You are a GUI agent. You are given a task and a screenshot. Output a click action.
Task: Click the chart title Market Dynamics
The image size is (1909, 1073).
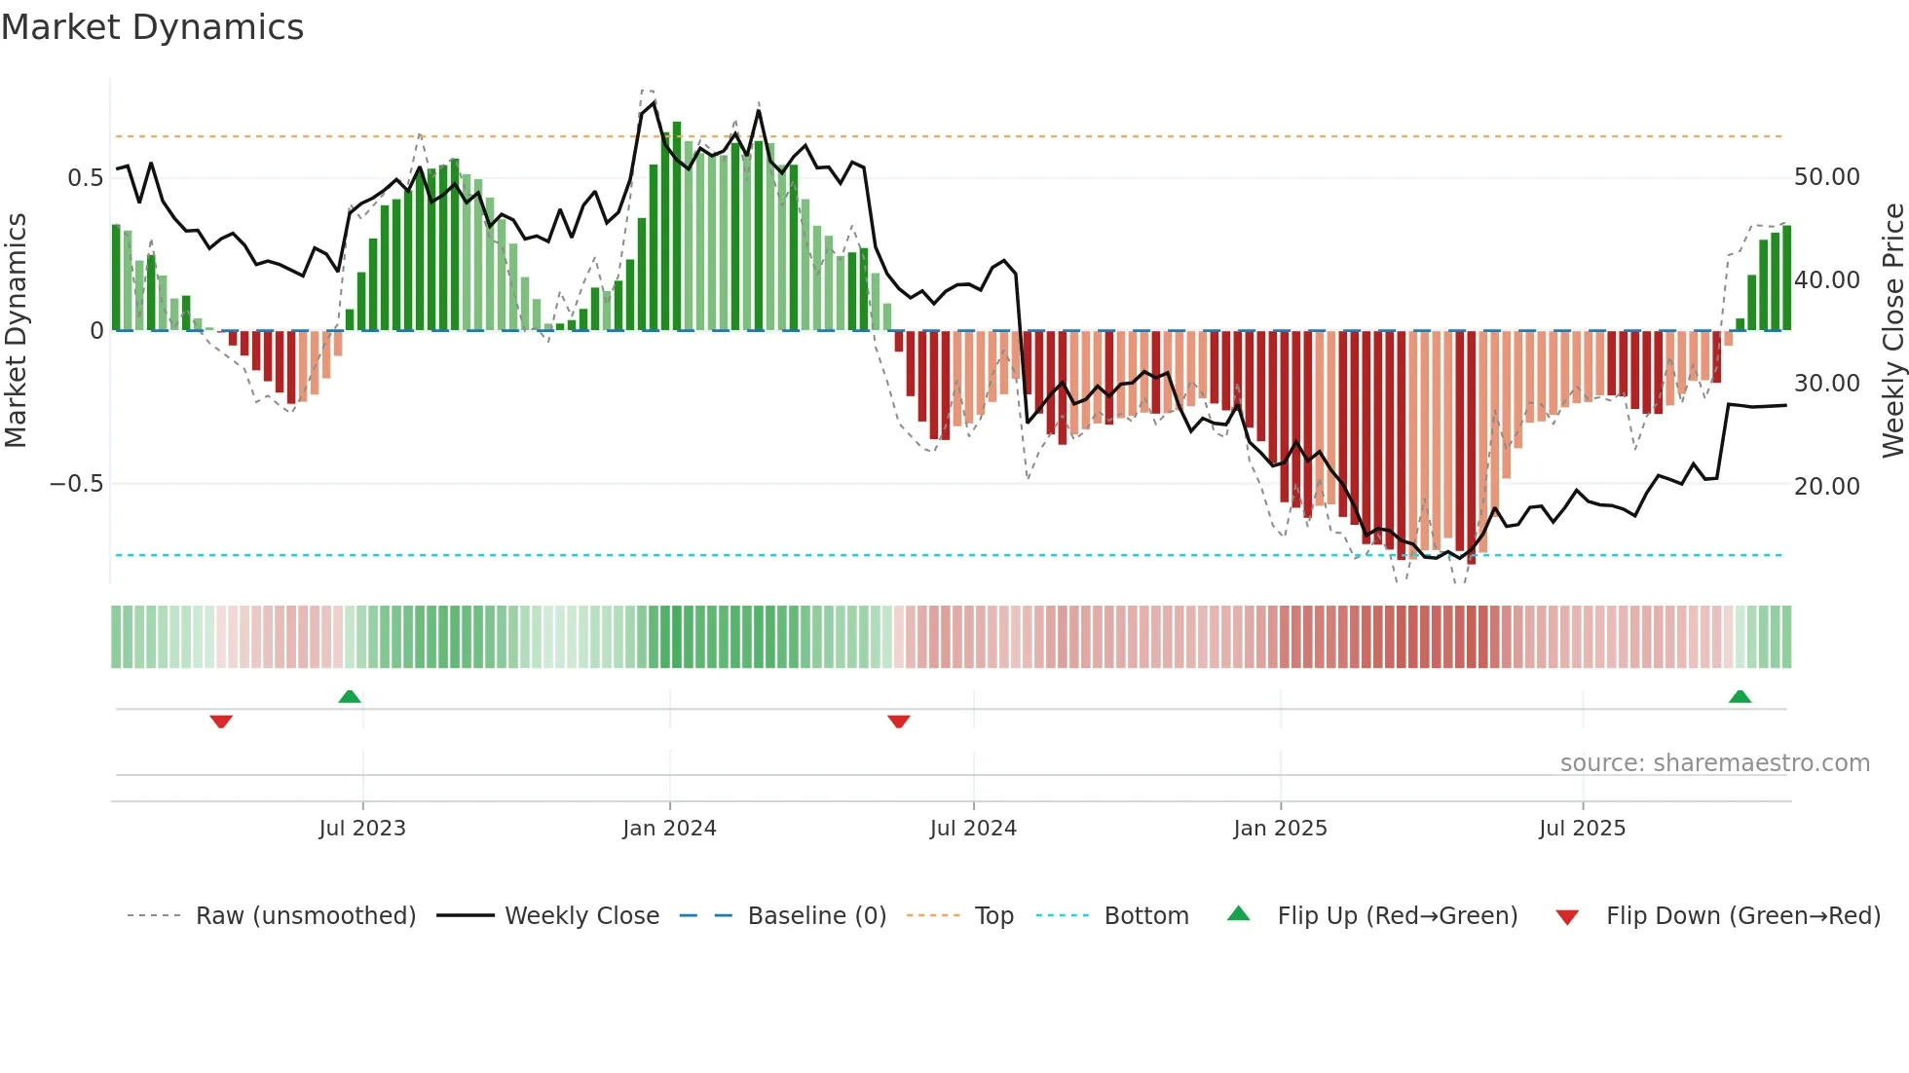152,27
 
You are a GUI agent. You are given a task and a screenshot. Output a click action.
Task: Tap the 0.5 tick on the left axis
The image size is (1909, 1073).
85,178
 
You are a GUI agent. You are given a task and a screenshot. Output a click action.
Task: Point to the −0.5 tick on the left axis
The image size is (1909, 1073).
76,484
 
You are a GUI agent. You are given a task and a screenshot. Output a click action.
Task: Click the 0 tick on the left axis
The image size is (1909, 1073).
96,331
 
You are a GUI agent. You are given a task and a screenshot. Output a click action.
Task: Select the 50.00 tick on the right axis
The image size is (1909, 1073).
1826,177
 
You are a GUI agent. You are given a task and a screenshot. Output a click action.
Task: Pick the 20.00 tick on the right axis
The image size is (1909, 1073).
1826,486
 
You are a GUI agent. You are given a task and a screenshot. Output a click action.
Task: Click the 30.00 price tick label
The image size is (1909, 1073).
1826,384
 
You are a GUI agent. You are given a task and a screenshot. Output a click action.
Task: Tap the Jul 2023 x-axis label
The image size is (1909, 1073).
362,829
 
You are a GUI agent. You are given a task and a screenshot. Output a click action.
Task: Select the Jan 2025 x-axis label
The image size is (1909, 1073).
1280,829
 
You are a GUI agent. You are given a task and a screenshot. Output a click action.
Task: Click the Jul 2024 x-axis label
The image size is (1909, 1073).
973,829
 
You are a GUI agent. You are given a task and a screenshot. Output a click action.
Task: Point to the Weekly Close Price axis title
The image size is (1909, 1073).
1892,331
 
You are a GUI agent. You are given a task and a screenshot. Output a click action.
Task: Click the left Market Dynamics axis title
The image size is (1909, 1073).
16,331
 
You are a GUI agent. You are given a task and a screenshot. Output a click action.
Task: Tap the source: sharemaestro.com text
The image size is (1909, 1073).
1714,763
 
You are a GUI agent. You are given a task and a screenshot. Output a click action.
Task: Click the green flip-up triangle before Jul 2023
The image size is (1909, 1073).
350,696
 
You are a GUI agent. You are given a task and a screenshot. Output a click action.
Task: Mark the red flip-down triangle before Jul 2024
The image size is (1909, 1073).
899,721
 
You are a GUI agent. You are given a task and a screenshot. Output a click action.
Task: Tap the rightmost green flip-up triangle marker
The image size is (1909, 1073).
1740,696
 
